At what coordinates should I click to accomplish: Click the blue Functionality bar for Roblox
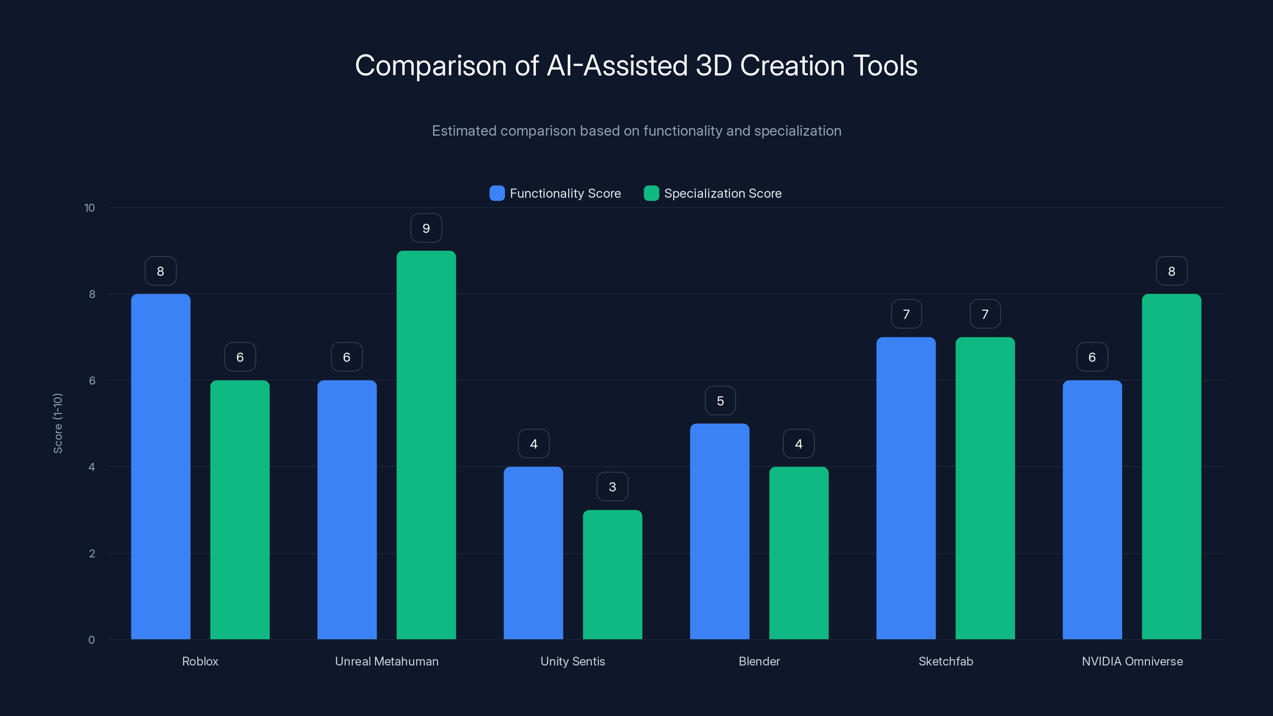[161, 467]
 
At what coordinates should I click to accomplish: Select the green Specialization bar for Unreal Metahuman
[426, 445]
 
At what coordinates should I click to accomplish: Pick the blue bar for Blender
[720, 531]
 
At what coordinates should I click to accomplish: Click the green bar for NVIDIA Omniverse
[1171, 467]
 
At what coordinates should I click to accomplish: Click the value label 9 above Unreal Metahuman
[426, 228]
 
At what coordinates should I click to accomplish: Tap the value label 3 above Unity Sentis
[612, 487]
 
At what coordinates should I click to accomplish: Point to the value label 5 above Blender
[720, 401]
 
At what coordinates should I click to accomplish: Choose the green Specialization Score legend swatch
[651, 193]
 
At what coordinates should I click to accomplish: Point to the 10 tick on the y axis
[90, 208]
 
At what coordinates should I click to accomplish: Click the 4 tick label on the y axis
[91, 467]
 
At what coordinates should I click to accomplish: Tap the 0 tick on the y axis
[91, 640]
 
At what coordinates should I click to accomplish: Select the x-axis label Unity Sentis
[573, 661]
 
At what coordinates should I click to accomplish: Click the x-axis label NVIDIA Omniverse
[1132, 661]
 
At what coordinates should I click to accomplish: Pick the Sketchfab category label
[945, 661]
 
